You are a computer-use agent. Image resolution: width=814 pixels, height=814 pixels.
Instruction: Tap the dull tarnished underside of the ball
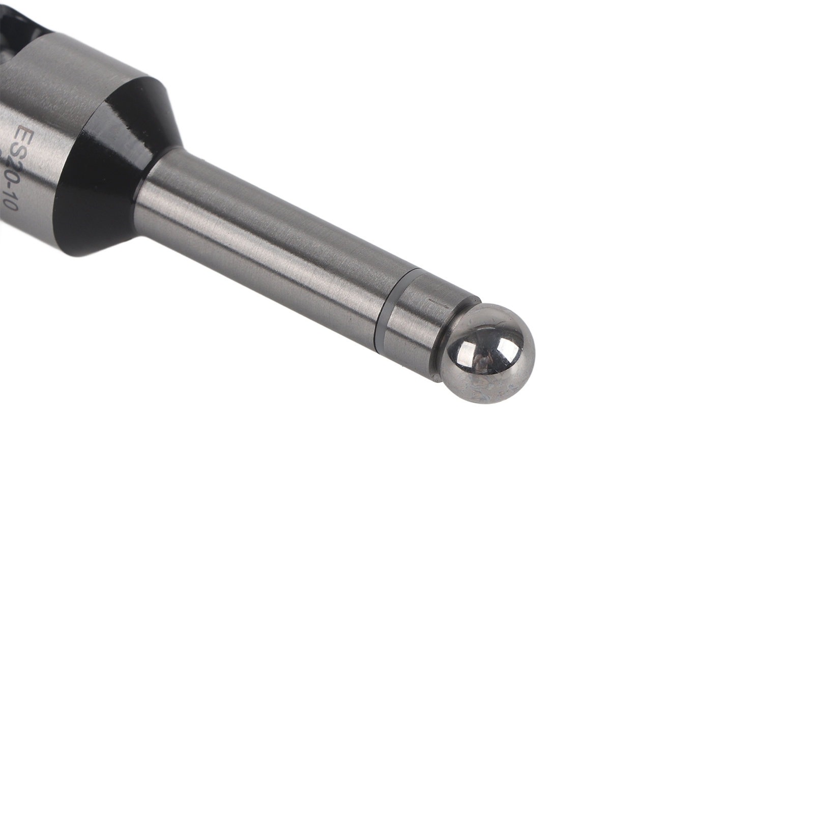[x=488, y=389]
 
